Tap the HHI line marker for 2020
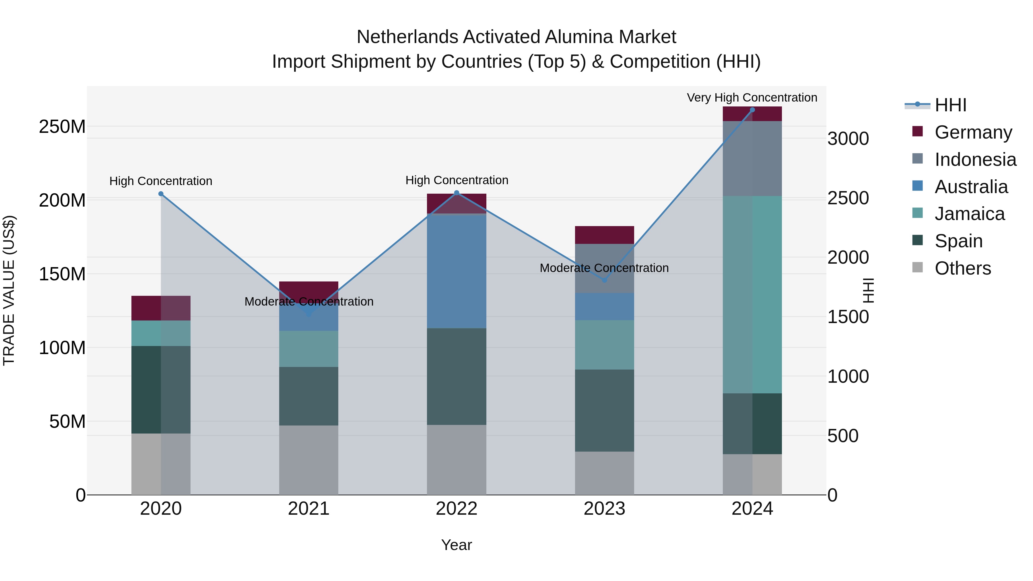click(x=161, y=194)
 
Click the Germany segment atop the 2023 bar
click(x=604, y=235)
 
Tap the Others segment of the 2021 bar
click(x=308, y=460)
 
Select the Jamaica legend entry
click(x=969, y=214)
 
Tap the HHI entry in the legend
click(x=950, y=105)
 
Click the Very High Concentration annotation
click(x=752, y=98)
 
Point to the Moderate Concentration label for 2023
click(x=604, y=268)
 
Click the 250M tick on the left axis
click(x=62, y=127)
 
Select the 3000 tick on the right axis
click(x=848, y=139)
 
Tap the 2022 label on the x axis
click(x=456, y=509)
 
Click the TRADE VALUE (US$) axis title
click(x=9, y=290)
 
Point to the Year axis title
click(x=456, y=545)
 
